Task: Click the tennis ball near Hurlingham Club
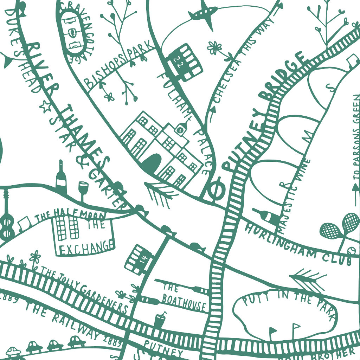pyautogui.click(x=350, y=250)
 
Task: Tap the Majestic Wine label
pyautogui.click(x=294, y=195)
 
